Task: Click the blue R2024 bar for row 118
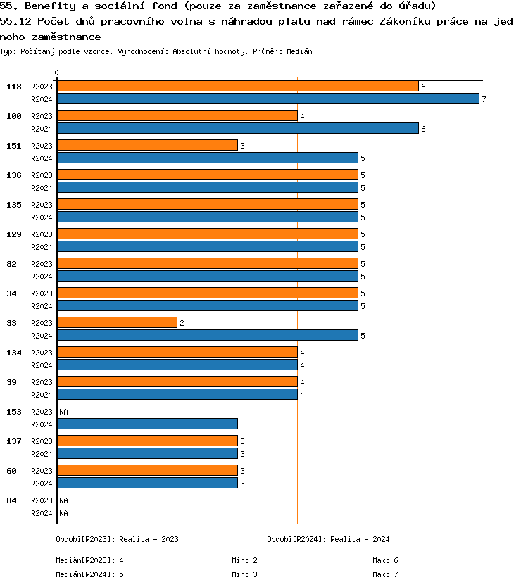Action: point(268,99)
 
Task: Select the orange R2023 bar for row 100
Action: point(177,116)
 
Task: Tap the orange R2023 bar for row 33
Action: point(117,323)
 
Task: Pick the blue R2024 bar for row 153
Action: point(147,424)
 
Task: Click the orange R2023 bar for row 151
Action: point(147,146)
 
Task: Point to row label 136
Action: point(13,175)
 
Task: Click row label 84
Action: point(11,500)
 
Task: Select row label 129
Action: point(13,234)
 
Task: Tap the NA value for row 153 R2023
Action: point(63,412)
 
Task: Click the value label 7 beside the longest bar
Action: point(484,99)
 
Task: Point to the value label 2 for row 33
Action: point(182,323)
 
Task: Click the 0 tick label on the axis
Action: point(57,72)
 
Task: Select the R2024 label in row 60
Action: point(42,484)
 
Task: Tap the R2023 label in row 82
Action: point(42,264)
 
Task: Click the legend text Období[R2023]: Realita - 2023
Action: point(117,539)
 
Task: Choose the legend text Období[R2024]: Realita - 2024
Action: point(328,539)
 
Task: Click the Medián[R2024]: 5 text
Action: point(89,574)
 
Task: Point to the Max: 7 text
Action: point(385,574)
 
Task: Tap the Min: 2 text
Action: point(244,560)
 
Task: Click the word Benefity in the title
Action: point(46,6)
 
